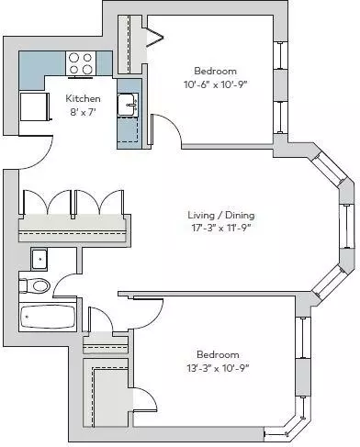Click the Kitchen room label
click(83, 98)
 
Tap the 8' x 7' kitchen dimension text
click(83, 112)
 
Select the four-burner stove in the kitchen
click(81, 63)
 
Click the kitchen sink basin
click(128, 105)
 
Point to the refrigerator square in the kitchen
click(33, 106)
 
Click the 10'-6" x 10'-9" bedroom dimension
click(215, 84)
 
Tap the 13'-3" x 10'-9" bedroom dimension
click(218, 368)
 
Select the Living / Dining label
click(221, 215)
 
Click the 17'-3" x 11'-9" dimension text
click(221, 229)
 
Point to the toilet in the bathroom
click(35, 285)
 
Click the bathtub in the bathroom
click(48, 317)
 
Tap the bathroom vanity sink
click(39, 260)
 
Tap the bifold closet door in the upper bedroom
click(156, 37)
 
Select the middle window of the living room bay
click(347, 226)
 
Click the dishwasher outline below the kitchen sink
click(129, 130)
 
